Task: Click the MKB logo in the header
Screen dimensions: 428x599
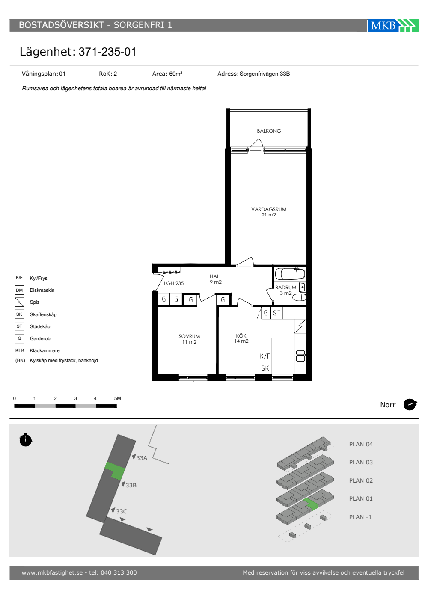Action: pyautogui.click(x=393, y=25)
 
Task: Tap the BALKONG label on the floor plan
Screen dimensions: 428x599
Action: pyautogui.click(x=269, y=131)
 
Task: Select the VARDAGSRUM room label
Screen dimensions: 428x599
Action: pyautogui.click(x=269, y=209)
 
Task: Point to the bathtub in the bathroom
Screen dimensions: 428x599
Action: pyautogui.click(x=290, y=273)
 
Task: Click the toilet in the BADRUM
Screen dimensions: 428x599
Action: pyautogui.click(x=299, y=297)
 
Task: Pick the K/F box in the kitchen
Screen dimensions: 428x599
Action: pyautogui.click(x=265, y=356)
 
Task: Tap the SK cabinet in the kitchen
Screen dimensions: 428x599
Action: pyautogui.click(x=265, y=368)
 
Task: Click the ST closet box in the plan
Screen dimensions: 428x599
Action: pyautogui.click(x=276, y=313)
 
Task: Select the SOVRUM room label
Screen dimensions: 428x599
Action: pyautogui.click(x=189, y=336)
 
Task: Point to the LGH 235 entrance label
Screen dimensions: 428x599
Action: pyautogui.click(x=174, y=283)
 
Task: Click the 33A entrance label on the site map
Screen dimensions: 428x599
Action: pyautogui.click(x=142, y=458)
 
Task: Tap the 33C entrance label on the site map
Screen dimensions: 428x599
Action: pyautogui.click(x=122, y=511)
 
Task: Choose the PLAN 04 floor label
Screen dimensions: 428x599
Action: pyautogui.click(x=360, y=444)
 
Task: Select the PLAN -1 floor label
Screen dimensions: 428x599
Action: pyautogui.click(x=360, y=517)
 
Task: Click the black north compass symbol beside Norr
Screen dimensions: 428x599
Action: pyautogui.click(x=410, y=405)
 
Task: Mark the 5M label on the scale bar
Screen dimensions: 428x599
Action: pyautogui.click(x=117, y=398)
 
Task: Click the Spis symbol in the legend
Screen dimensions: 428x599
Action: pyautogui.click(x=19, y=302)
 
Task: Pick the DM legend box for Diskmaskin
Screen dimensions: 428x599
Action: pyautogui.click(x=19, y=290)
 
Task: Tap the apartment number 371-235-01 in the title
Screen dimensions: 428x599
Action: pyautogui.click(x=107, y=52)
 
